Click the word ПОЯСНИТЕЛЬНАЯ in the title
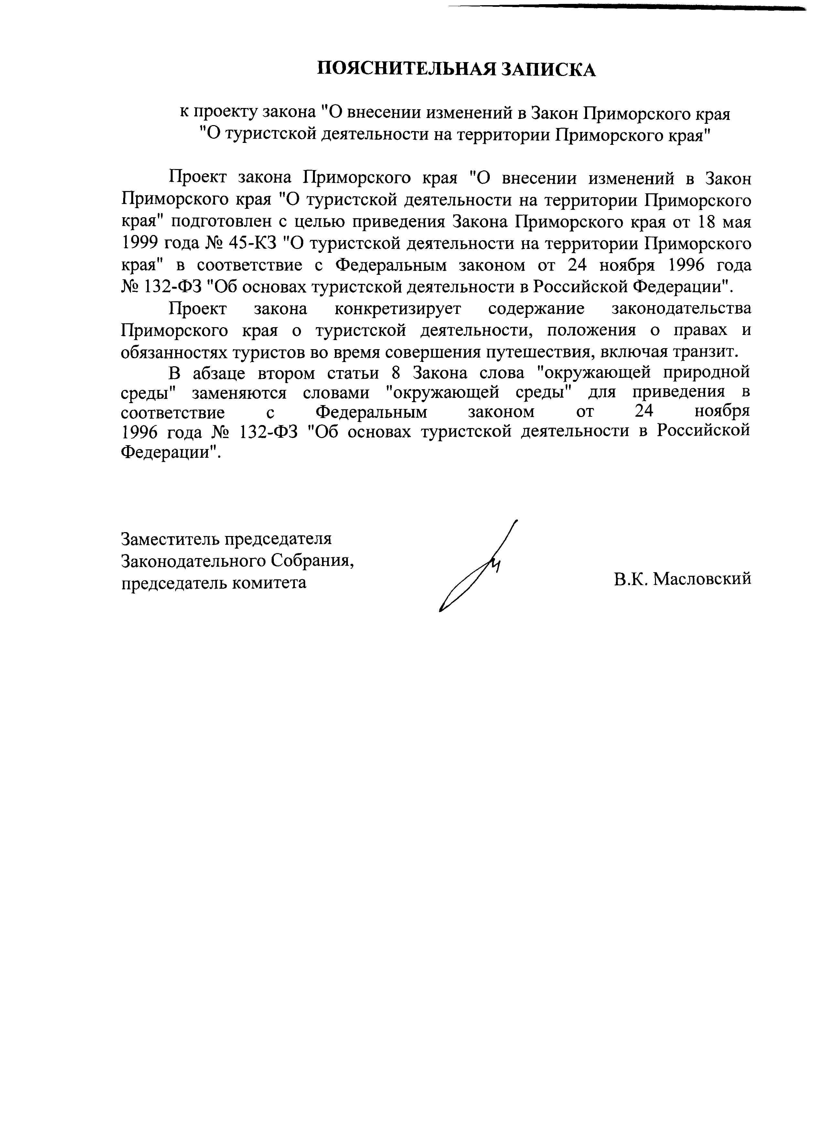pyautogui.click(x=405, y=69)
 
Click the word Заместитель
pyautogui.click(x=172, y=539)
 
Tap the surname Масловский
pyautogui.click(x=702, y=580)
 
